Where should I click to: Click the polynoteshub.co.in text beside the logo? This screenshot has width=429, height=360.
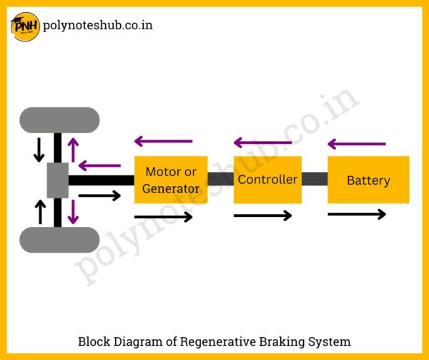pos(98,25)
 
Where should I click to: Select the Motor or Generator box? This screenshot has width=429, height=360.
pos(171,180)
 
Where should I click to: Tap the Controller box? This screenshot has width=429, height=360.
pos(267,180)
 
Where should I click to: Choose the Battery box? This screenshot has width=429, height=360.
pos(368,180)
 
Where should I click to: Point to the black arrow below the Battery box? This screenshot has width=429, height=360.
pos(357,214)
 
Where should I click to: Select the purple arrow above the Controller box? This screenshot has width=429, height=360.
pos(262,143)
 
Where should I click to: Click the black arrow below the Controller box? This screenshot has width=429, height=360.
pos(262,215)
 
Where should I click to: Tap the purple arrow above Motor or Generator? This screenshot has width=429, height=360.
pos(164,142)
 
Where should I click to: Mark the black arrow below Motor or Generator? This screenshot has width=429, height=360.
pos(164,217)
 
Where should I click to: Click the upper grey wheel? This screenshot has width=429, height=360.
pos(59,120)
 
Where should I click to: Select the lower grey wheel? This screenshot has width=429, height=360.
pos(59,240)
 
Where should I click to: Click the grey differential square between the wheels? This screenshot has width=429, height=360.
pos(58,180)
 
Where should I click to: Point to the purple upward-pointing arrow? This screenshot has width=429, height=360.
pos(72,148)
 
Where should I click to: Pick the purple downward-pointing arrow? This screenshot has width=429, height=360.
pos(72,211)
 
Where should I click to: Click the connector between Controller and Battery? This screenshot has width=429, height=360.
pos(315,180)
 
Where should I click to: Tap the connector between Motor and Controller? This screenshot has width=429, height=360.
pos(220,180)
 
